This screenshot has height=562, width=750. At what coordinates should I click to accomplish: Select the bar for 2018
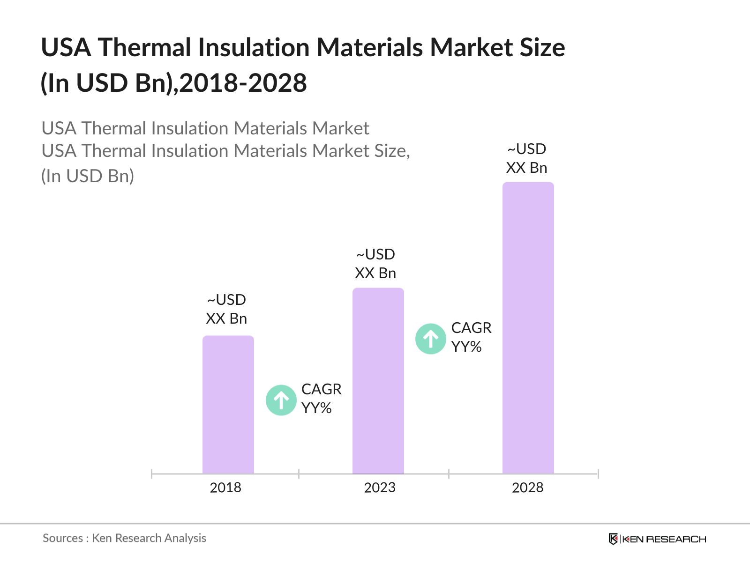228,405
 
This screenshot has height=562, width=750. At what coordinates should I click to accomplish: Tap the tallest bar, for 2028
528,328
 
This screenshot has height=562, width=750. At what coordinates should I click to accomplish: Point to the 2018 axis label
225,488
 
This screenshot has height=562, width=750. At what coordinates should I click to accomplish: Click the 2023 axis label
380,488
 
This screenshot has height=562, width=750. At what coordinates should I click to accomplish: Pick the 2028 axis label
527,488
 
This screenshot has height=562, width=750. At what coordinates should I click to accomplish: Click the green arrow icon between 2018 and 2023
281,400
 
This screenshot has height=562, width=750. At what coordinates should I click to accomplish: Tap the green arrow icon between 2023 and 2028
430,339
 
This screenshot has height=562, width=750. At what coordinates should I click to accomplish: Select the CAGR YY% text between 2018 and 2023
321,399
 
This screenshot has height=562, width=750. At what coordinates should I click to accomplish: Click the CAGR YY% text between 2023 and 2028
471,337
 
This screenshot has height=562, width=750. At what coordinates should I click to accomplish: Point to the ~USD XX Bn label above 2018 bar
226,309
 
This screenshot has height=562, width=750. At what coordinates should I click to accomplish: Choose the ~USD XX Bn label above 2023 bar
375,264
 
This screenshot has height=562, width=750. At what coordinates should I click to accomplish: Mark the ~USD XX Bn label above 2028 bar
526,158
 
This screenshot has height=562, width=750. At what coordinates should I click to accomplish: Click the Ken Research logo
657,539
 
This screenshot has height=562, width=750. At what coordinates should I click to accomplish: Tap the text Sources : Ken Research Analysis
124,538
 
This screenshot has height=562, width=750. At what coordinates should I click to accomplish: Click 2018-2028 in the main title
243,83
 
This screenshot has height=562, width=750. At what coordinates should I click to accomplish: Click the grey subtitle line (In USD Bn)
88,176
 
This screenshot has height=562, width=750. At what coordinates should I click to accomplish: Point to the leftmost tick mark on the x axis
151,474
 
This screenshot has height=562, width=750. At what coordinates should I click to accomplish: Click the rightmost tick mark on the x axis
598,474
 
